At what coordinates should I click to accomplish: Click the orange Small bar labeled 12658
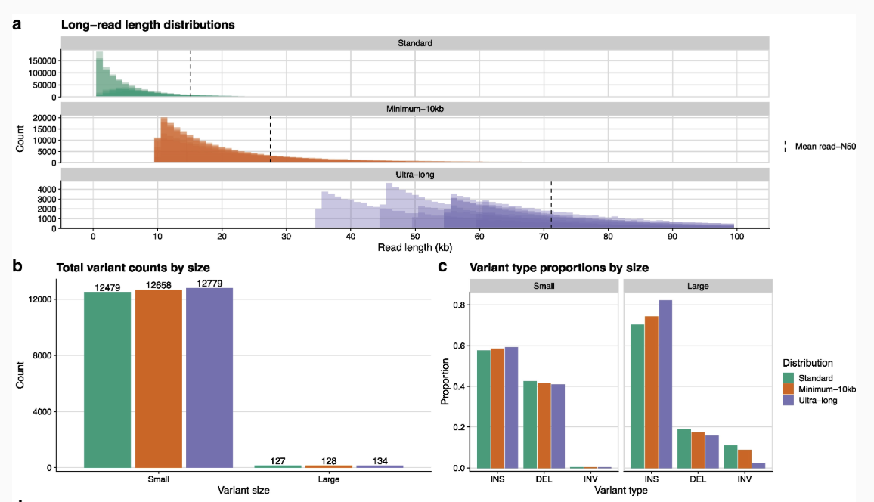click(x=158, y=379)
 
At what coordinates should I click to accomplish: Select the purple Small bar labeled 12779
click(x=209, y=378)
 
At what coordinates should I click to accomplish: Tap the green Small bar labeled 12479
click(x=107, y=380)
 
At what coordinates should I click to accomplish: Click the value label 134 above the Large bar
click(x=380, y=460)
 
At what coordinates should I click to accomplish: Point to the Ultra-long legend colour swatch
click(x=788, y=400)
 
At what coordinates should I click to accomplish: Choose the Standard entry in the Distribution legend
click(x=816, y=378)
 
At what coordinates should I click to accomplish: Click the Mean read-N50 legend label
click(x=826, y=147)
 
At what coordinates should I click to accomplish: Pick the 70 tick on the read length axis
click(x=544, y=236)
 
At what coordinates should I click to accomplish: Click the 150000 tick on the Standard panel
click(x=42, y=60)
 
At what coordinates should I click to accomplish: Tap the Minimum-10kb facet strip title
click(x=415, y=109)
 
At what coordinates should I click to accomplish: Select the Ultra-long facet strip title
click(x=415, y=175)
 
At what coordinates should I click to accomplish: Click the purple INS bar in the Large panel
click(x=665, y=384)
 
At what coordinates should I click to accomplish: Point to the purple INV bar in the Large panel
click(x=758, y=465)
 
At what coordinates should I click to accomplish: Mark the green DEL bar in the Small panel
click(x=530, y=425)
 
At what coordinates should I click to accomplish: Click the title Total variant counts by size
click(x=133, y=268)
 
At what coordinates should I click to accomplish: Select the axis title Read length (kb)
click(x=415, y=247)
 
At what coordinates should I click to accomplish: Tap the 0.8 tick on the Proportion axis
click(x=459, y=305)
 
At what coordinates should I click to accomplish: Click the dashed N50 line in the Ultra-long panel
click(x=551, y=204)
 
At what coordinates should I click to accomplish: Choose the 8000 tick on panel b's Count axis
click(x=42, y=355)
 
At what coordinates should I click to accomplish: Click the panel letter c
click(x=442, y=267)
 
